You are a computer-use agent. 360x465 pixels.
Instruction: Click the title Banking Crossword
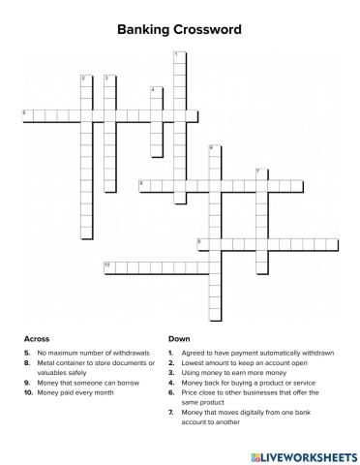pos(180,30)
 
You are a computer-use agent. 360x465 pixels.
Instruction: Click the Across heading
pos(36,339)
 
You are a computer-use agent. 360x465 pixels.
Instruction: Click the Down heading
pos(178,339)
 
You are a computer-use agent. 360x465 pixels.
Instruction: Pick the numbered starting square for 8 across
pos(144,185)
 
